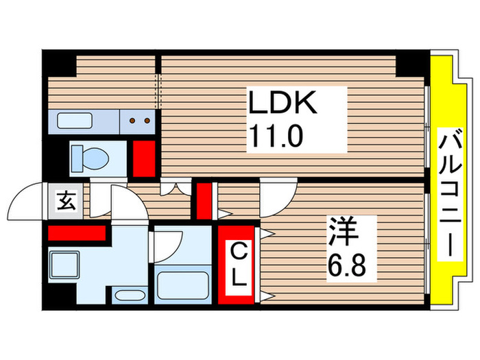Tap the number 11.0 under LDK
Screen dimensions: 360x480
pyautogui.click(x=275, y=137)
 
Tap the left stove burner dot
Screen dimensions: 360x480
pyautogui.click(x=132, y=122)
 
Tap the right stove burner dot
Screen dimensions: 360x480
pyautogui.click(x=145, y=122)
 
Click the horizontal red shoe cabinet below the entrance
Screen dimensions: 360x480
pyautogui.click(x=75, y=232)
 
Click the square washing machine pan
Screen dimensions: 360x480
pyautogui.click(x=65, y=262)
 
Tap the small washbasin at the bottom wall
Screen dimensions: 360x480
pyautogui.click(x=129, y=297)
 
